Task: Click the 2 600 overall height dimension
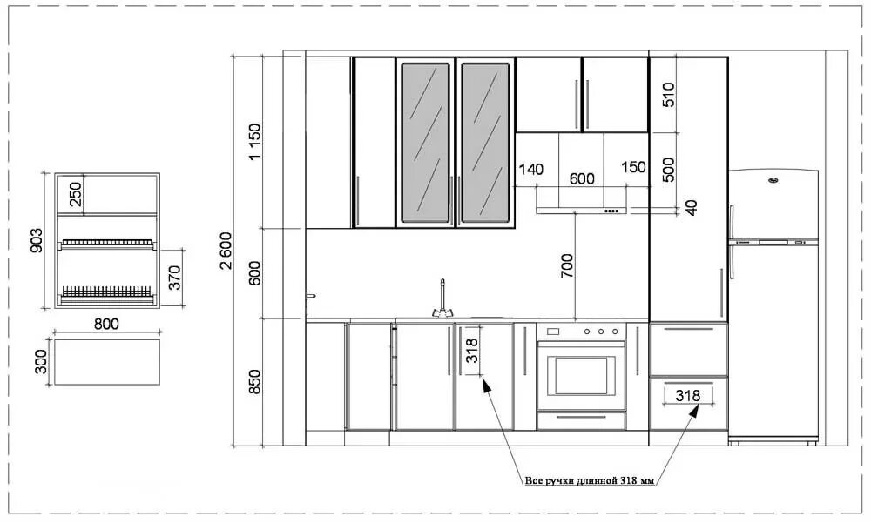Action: tap(226, 251)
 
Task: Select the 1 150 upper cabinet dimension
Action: tap(254, 142)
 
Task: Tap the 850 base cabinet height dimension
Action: tap(254, 381)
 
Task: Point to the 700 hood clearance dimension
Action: tap(567, 265)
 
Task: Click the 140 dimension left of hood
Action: tap(530, 168)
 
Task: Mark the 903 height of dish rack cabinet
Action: tap(37, 240)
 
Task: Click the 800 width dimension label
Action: tap(105, 324)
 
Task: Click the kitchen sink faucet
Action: tap(442, 298)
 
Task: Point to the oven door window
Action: tap(581, 374)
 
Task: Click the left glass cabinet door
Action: tap(425, 142)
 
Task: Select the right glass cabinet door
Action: tap(484, 142)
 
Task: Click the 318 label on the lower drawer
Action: tap(687, 395)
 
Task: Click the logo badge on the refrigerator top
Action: tap(773, 181)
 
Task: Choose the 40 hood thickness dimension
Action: tap(692, 207)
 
